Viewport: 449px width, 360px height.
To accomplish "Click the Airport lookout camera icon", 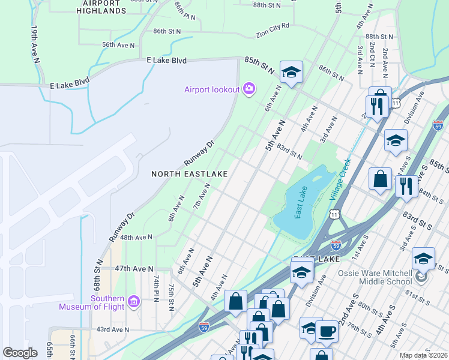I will [x=249, y=89].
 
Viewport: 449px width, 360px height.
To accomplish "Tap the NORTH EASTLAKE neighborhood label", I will [x=189, y=174].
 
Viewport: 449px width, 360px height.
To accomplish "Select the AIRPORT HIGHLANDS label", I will [x=102, y=7].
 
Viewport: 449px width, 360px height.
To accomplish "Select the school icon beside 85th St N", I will [x=291, y=73].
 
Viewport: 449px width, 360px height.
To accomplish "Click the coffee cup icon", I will [x=327, y=331].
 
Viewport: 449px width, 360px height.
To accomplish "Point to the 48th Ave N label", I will [x=137, y=238].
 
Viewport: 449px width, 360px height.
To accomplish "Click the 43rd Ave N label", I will [x=113, y=329].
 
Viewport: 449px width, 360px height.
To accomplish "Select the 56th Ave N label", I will [x=118, y=45].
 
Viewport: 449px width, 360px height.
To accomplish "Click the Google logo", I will [x=20, y=353].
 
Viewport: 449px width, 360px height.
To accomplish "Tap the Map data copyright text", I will [x=424, y=355].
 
